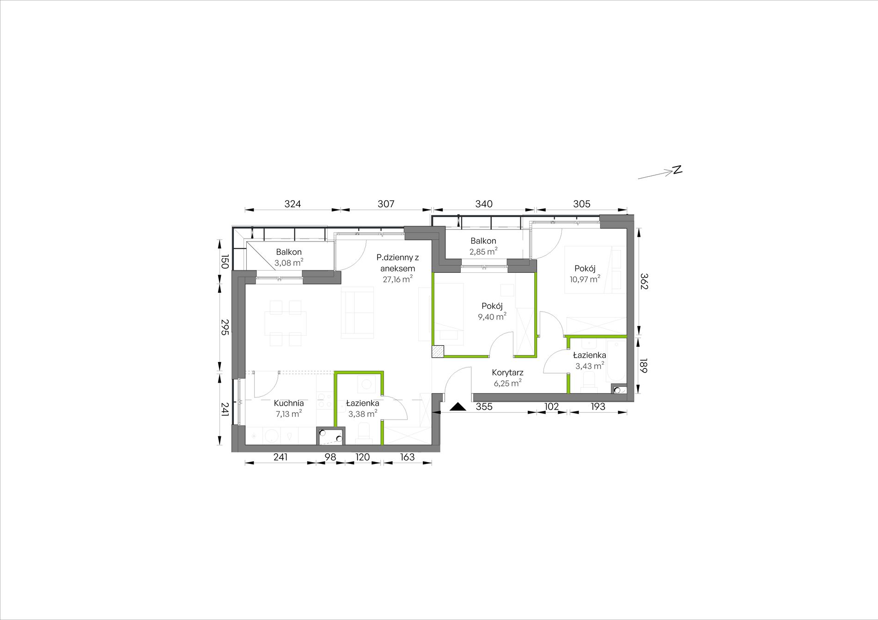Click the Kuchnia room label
[288, 403]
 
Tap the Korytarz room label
[507, 373]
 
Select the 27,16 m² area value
[397, 279]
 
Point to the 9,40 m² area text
[492, 317]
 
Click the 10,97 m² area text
[585, 279]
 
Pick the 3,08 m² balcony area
[289, 263]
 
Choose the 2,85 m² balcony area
[483, 252]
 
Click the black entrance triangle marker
[458, 407]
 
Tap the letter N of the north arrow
[677, 169]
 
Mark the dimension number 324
[293, 204]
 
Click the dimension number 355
[484, 407]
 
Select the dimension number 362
[644, 281]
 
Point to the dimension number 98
[330, 457]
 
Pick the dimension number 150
[224, 261]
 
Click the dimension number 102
[551, 407]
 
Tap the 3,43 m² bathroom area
[589, 366]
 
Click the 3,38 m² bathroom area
[362, 414]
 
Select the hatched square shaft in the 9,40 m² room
[438, 351]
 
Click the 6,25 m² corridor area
[507, 383]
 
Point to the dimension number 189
[644, 366]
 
